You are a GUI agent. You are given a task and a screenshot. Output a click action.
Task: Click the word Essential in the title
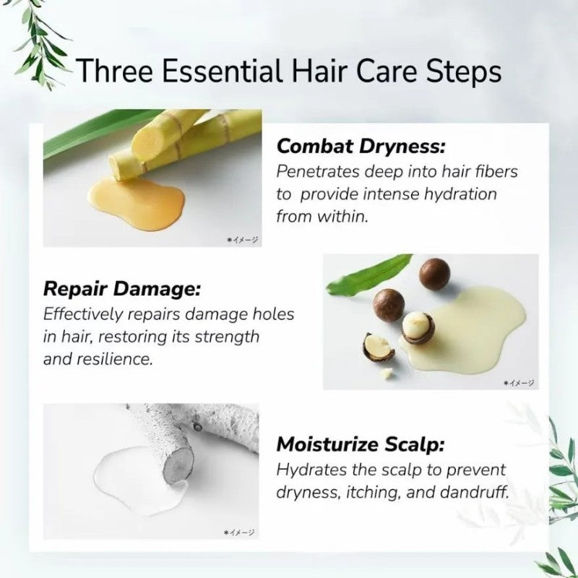pos(221,70)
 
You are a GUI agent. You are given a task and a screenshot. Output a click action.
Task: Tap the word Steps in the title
pos(464,72)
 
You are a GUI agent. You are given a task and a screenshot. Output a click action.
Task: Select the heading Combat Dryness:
pos(361,147)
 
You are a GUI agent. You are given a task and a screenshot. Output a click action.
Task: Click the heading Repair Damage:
pos(122,288)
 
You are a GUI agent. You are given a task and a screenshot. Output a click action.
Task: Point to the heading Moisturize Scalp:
pos(361,444)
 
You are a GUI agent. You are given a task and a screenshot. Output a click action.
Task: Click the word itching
pos(373,493)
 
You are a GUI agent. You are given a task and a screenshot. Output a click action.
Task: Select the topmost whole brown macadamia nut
pos(435,273)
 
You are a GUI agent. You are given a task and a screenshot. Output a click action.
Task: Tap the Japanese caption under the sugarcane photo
pos(243,240)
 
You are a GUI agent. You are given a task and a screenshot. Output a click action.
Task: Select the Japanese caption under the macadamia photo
pos(519,384)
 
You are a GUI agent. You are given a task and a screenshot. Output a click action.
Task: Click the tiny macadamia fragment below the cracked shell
pos(386,374)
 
